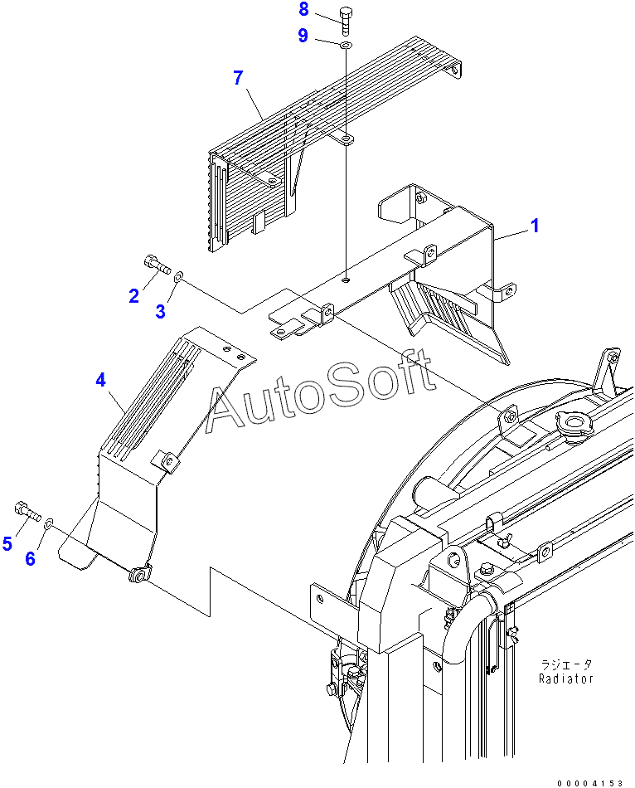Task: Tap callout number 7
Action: click(x=238, y=78)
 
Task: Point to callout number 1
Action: click(x=536, y=225)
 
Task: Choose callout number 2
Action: click(x=133, y=295)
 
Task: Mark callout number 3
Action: click(x=161, y=312)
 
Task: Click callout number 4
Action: click(x=100, y=380)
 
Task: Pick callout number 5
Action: click(x=7, y=543)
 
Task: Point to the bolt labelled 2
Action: click(x=157, y=265)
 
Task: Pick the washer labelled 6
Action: click(x=49, y=523)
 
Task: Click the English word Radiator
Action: click(x=566, y=678)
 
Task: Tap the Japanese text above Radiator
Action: click(x=566, y=664)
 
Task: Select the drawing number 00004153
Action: click(x=589, y=782)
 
